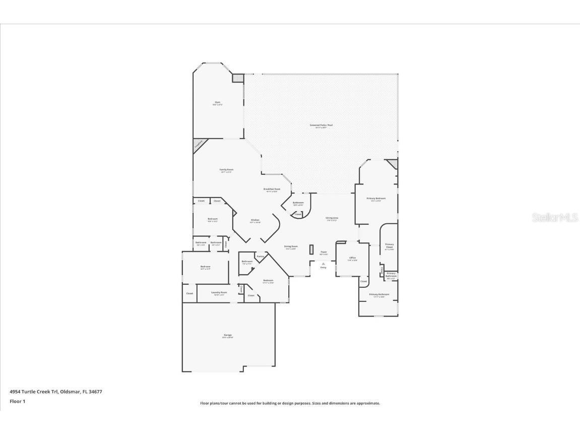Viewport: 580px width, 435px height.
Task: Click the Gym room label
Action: pos(218,102)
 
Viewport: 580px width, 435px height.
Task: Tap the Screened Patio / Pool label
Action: pos(321,125)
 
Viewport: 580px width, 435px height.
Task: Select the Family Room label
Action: pos(226,170)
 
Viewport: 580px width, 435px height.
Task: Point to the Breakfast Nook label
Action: pos(272,189)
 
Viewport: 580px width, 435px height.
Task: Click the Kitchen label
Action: pos(255,220)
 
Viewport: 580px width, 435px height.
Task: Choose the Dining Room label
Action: pos(291,246)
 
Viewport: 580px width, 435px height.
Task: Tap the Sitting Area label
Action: pos(332,218)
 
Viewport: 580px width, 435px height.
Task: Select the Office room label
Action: pos(352,258)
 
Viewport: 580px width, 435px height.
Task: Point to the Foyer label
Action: pos(324,252)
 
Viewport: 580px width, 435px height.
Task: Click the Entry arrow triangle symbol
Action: pos(324,263)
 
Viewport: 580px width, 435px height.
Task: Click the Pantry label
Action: pos(260,257)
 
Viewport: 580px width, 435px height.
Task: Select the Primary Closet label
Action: pos(390,246)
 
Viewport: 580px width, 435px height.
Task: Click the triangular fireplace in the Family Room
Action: pos(199,144)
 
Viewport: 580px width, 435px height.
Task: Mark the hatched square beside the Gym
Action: pos(237,78)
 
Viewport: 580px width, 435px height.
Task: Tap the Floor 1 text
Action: pos(18,401)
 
